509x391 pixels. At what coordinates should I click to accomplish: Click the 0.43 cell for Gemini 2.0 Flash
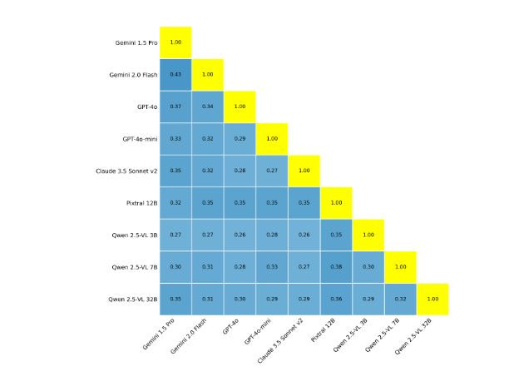175,74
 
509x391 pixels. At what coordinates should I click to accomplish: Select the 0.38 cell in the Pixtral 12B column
336,267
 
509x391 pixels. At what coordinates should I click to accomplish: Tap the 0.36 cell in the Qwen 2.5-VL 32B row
336,299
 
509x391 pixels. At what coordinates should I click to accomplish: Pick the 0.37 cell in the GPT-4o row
175,106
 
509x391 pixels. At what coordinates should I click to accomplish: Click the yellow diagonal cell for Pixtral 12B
336,202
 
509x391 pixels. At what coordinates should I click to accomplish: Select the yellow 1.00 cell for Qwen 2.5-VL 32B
432,299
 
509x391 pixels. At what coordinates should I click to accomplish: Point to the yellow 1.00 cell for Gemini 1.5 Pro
175,42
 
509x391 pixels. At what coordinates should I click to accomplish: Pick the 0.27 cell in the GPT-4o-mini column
272,171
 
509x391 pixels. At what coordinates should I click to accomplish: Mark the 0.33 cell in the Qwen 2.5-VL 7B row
272,267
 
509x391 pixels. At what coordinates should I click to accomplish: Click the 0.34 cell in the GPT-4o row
208,106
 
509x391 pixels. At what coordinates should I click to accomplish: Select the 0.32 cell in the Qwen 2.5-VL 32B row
400,299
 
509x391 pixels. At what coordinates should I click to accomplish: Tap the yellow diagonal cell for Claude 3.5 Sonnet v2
304,171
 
